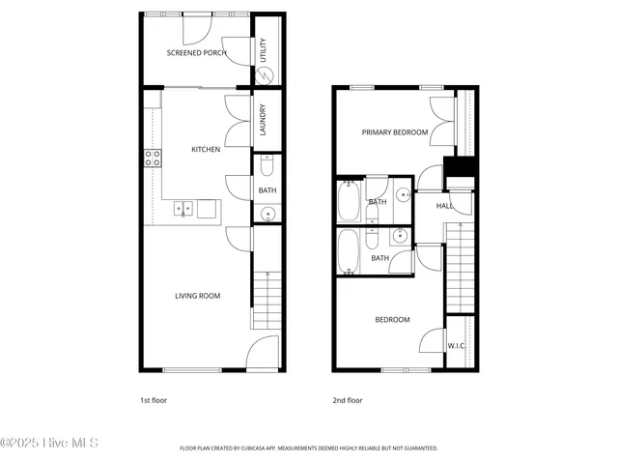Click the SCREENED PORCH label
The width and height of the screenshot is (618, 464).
coord(196,53)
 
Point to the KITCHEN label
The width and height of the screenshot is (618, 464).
coord(206,150)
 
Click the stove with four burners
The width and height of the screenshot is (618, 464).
coord(153,158)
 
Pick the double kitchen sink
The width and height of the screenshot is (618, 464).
coord(183,208)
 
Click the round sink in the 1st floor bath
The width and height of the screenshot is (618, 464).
coord(267,214)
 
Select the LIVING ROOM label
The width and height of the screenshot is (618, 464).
coord(197,296)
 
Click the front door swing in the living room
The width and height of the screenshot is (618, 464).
coord(261,353)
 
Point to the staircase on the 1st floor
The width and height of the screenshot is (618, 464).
coord(266,300)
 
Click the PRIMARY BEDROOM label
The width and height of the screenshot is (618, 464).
coord(395,132)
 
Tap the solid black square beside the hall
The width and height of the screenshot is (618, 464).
coord(460,167)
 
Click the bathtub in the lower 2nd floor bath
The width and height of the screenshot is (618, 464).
coord(349,252)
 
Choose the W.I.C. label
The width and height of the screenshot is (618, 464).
coord(458,346)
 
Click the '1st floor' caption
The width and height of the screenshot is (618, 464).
coord(155,399)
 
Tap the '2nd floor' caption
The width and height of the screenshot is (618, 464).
coord(348,399)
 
